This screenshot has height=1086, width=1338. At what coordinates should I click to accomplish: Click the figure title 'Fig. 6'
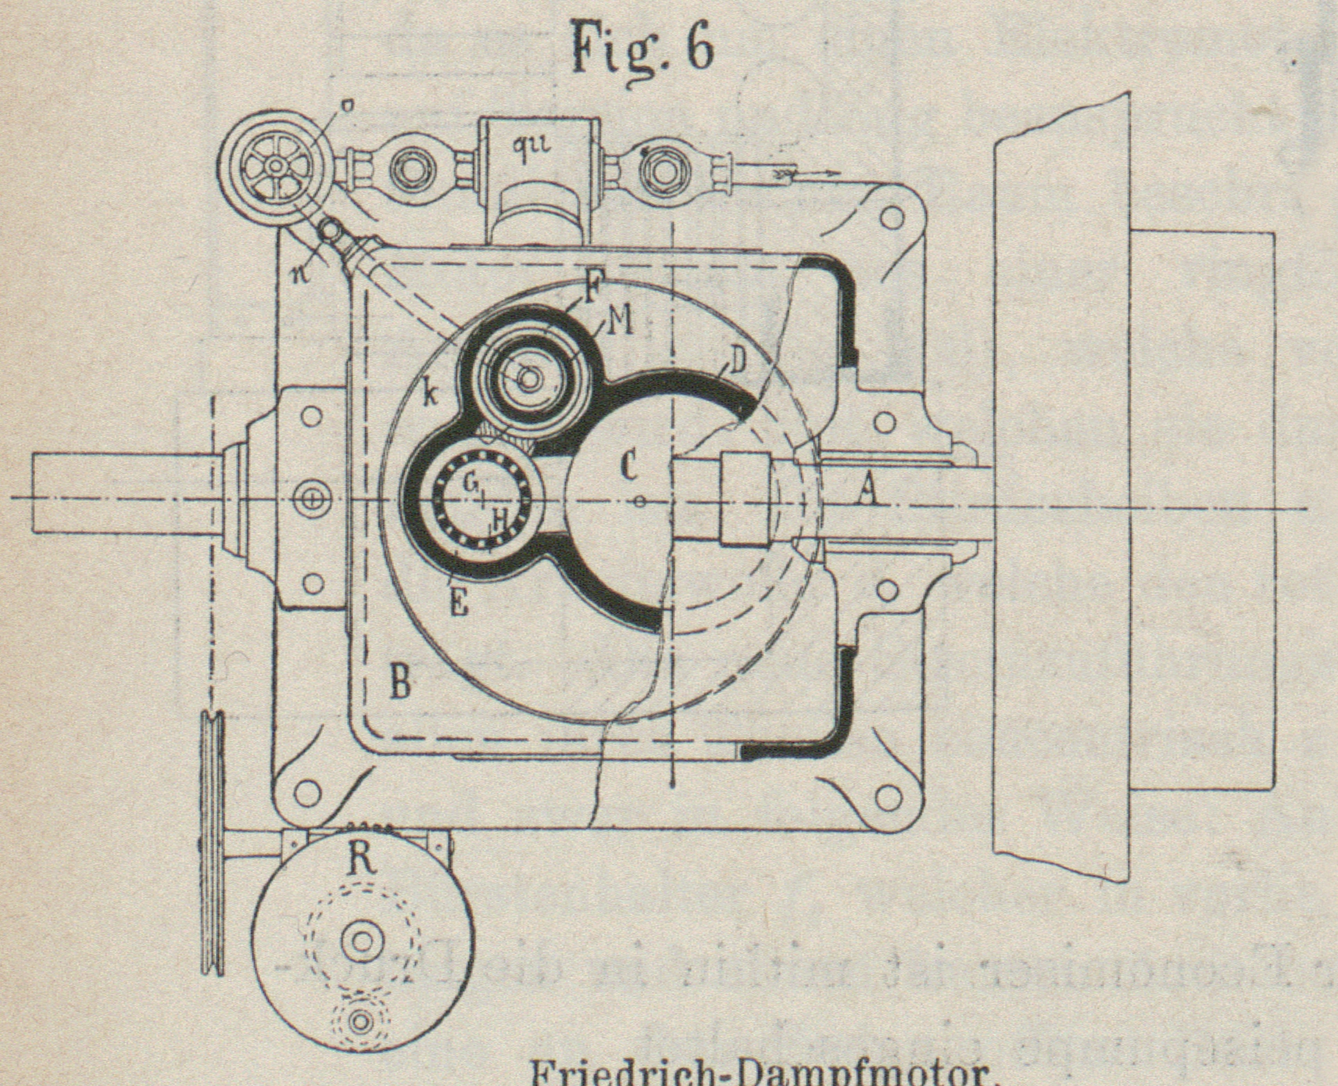coord(642,47)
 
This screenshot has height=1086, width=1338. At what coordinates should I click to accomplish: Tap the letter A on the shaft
coord(865,491)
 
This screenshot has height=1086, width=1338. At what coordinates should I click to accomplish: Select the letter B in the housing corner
coord(399,683)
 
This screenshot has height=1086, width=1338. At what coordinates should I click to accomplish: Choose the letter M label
coord(620,322)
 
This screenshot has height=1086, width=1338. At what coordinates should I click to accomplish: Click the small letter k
coord(429,394)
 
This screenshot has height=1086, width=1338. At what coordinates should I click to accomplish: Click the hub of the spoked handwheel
coord(274,166)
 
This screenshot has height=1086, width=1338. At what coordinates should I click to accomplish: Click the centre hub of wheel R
coord(361,941)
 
